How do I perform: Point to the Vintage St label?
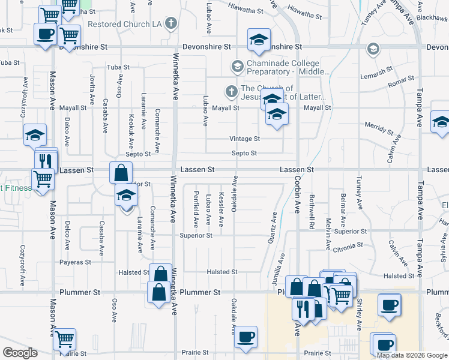pos(244,139)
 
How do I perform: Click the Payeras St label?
pos(74,262)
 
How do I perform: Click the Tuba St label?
pos(118,67)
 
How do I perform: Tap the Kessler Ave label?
pos(221,210)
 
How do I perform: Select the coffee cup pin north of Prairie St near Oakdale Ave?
pos(245,337)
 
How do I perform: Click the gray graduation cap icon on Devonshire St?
pos(373,48)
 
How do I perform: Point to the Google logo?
pos(20,352)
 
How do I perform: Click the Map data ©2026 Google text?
pos(411,355)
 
